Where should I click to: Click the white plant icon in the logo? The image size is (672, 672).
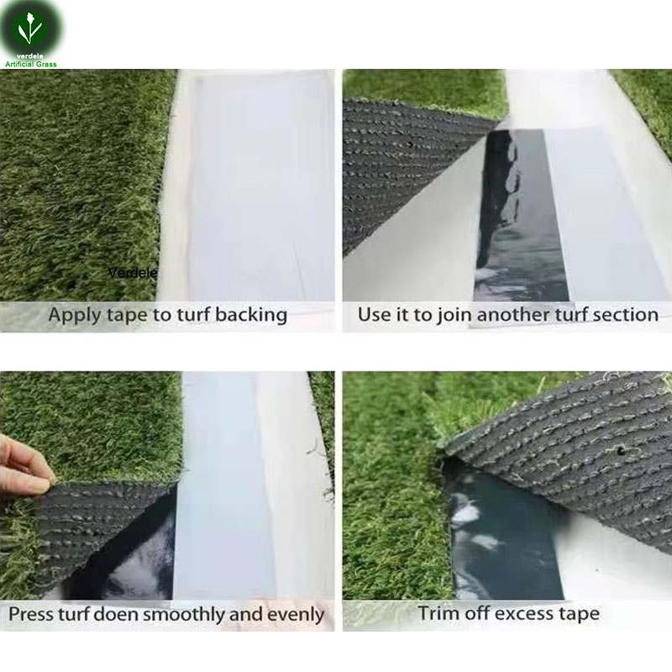(29, 29)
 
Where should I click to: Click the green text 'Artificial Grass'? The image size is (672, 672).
(31, 65)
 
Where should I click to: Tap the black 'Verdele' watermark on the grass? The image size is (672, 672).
(133, 272)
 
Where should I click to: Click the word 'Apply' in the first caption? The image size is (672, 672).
(75, 316)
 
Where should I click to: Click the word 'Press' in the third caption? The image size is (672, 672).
(31, 614)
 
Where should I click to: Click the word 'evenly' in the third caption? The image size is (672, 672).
(296, 616)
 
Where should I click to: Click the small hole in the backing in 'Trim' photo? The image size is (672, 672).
(620, 450)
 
